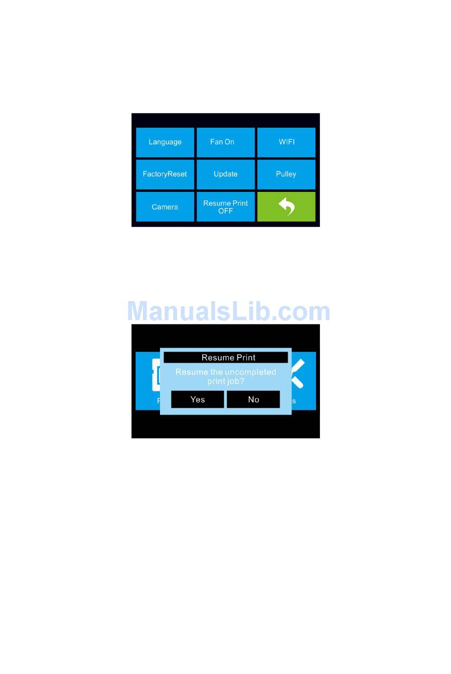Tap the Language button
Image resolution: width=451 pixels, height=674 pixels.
click(x=165, y=142)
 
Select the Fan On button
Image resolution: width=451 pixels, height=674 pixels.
click(x=225, y=142)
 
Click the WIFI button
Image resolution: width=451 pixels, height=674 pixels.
click(x=286, y=142)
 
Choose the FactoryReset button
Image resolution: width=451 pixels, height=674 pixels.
click(x=165, y=174)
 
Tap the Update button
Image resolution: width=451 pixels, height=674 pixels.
click(x=225, y=174)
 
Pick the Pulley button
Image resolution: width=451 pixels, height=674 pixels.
click(x=286, y=174)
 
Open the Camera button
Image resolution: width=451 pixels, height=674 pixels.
click(x=165, y=207)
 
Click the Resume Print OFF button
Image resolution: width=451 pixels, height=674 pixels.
click(x=225, y=207)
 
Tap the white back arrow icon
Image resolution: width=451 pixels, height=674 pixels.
click(x=287, y=207)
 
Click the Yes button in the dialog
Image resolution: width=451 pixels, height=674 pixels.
click(x=197, y=399)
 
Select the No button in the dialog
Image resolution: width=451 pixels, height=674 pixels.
click(x=254, y=399)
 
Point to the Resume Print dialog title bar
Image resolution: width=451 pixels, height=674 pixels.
click(x=226, y=358)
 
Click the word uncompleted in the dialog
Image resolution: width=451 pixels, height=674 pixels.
click(x=251, y=372)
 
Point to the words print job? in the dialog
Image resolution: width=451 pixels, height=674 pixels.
click(x=226, y=381)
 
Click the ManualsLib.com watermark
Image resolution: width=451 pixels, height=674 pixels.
click(x=229, y=311)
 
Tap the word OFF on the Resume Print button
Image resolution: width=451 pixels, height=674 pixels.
click(x=225, y=211)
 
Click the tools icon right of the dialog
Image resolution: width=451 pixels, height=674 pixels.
click(x=298, y=373)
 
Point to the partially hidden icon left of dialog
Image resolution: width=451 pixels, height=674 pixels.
click(x=156, y=375)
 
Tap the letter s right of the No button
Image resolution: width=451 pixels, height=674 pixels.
click(x=294, y=401)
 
